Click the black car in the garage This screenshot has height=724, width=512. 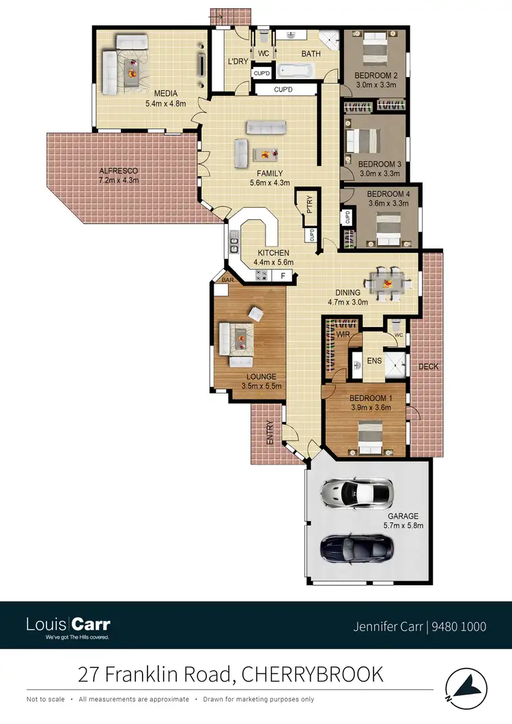point(356,546)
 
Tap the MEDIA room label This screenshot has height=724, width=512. point(165,94)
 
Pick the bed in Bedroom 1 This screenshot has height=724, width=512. point(371,438)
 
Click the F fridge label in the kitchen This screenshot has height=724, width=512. point(283,275)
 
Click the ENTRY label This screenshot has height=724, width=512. point(270,432)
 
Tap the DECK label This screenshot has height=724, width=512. point(428,367)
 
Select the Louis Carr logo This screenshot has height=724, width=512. point(68,626)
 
